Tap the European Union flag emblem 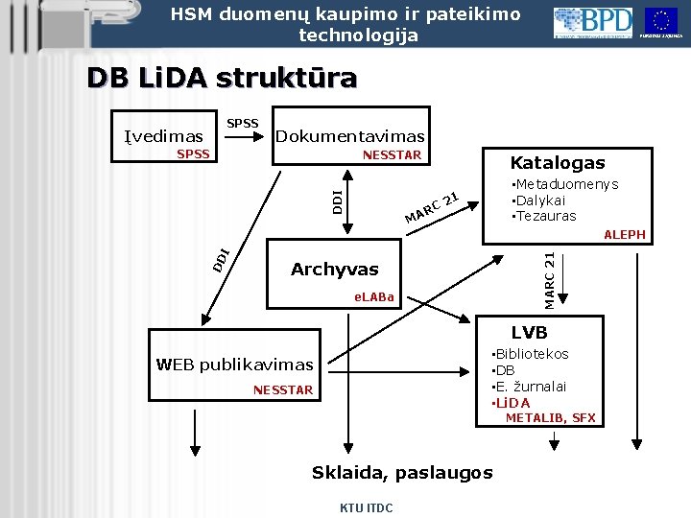[x=661, y=21]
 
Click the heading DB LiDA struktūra [x=222, y=77]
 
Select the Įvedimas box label [x=164, y=136]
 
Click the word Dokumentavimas [x=349, y=136]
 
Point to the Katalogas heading [x=558, y=163]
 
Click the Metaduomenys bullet [x=565, y=184]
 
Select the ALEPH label [x=624, y=235]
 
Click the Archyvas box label [x=335, y=270]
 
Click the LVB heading [x=529, y=333]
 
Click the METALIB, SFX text [x=550, y=417]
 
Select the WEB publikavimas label [x=234, y=365]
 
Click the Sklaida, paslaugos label [x=402, y=472]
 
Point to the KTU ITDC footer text [x=366, y=507]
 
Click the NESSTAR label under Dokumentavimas [x=392, y=154]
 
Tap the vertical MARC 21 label [x=548, y=279]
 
